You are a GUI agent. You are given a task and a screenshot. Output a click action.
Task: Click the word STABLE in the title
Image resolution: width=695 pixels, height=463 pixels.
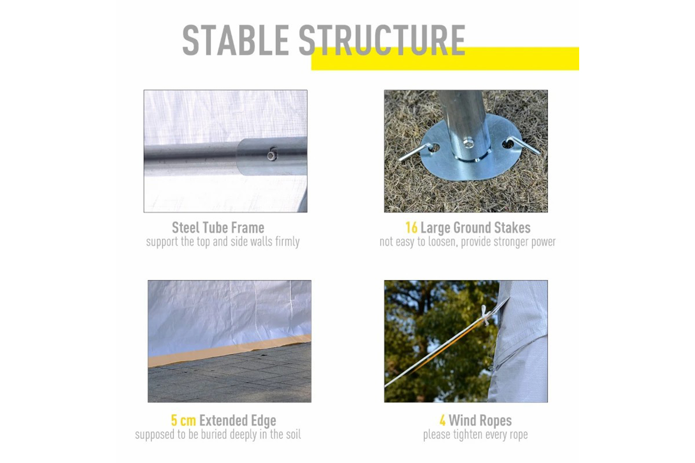point(235,40)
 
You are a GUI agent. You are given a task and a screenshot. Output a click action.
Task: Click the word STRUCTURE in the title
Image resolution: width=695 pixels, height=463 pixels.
point(382,40)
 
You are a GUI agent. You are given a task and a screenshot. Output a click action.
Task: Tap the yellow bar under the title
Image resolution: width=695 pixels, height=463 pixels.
point(445,59)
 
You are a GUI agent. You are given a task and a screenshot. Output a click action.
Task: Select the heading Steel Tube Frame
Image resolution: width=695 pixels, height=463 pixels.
point(218,228)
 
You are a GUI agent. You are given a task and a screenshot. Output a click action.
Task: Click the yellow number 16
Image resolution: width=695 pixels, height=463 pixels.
point(411,228)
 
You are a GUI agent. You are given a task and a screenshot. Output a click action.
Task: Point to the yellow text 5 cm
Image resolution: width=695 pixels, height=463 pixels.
point(183,420)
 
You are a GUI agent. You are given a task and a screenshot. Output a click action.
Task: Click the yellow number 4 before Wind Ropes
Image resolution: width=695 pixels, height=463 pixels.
point(442,420)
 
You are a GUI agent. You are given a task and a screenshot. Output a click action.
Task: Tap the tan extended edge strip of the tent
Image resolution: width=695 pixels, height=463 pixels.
point(230,350)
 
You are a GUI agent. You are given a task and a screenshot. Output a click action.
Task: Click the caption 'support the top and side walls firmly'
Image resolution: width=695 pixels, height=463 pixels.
point(223,242)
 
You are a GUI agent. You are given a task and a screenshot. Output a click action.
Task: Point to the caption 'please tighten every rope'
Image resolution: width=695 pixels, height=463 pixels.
point(475,434)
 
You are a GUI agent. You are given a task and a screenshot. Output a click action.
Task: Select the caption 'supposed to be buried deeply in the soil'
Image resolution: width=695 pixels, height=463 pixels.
point(218,434)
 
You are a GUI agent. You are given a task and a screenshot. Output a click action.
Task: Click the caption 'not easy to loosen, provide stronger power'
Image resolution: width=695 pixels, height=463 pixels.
point(468,242)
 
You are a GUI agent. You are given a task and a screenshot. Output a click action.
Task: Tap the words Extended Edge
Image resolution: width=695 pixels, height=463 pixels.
point(238,421)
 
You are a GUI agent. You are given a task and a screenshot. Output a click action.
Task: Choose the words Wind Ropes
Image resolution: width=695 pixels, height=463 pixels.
point(480,421)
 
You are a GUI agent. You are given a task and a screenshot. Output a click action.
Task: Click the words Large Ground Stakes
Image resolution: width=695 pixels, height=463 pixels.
point(476,228)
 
